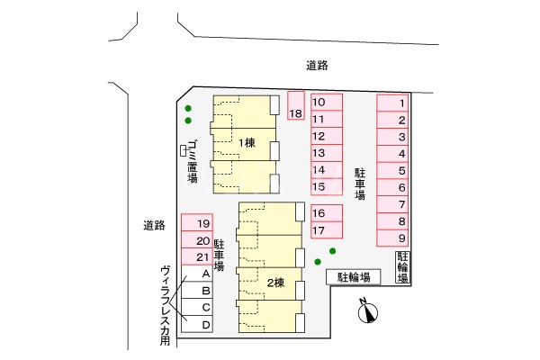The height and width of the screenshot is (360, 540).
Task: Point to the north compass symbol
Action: (x=366, y=311)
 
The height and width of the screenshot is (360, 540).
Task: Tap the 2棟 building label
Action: (x=275, y=283)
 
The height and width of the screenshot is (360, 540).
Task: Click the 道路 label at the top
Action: (x=316, y=65)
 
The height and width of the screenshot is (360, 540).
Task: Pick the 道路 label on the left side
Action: (x=154, y=225)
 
